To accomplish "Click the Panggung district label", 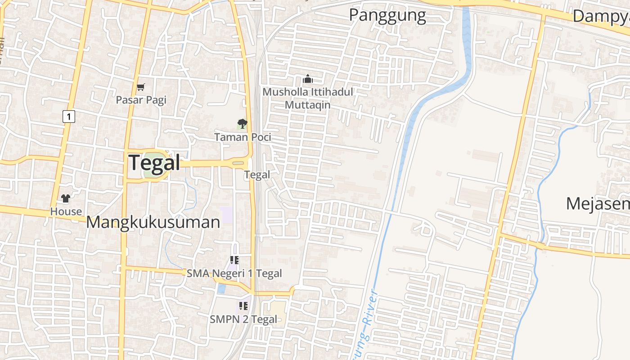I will pos(387,15).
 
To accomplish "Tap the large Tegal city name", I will pos(154,162).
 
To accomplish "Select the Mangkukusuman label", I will pos(153,222).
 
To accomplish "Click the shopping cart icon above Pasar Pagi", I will pos(141,87).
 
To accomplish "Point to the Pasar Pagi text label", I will pos(141,99).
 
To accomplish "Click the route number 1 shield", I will pos(68,117).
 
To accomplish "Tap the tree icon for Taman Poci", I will pos(242,124).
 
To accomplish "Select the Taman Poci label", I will pos(243,137).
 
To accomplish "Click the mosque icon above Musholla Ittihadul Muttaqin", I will pos(308,79).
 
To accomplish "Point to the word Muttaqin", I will pos(308,105).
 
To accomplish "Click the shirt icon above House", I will pos(66,198).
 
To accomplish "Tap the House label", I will pos(66,211).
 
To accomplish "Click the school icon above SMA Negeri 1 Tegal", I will pos(234,260).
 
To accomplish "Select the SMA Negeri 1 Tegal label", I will pos(234,273).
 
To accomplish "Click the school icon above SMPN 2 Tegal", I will pos(243,306).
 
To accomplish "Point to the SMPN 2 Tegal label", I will pos(243,319).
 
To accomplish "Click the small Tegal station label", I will pos(257,175).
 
